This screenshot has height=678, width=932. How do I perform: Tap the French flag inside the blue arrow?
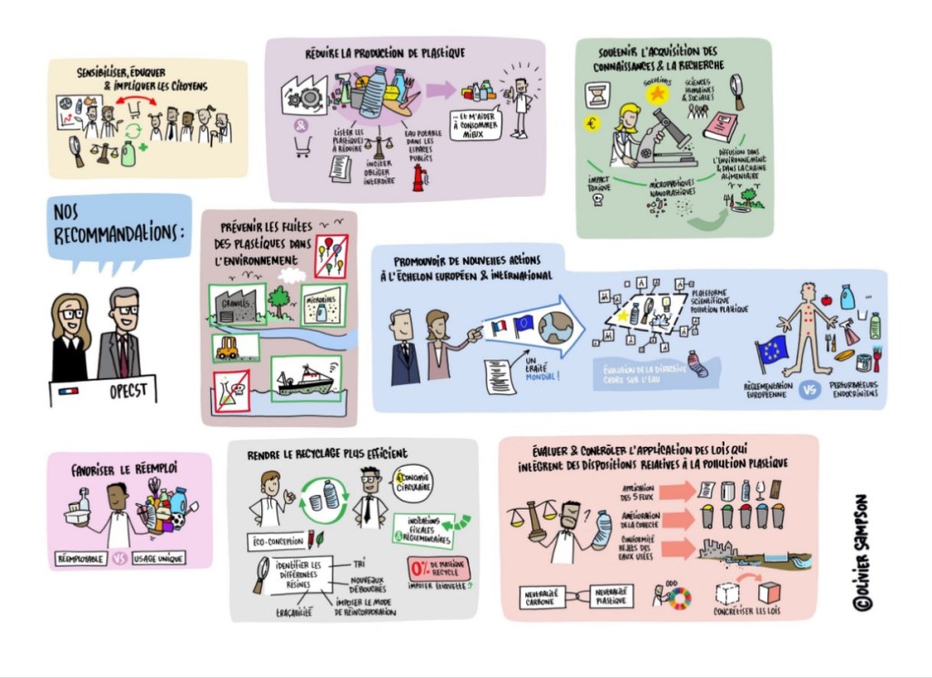[x=498, y=327]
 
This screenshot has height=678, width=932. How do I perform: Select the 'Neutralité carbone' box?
[x=544, y=596]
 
